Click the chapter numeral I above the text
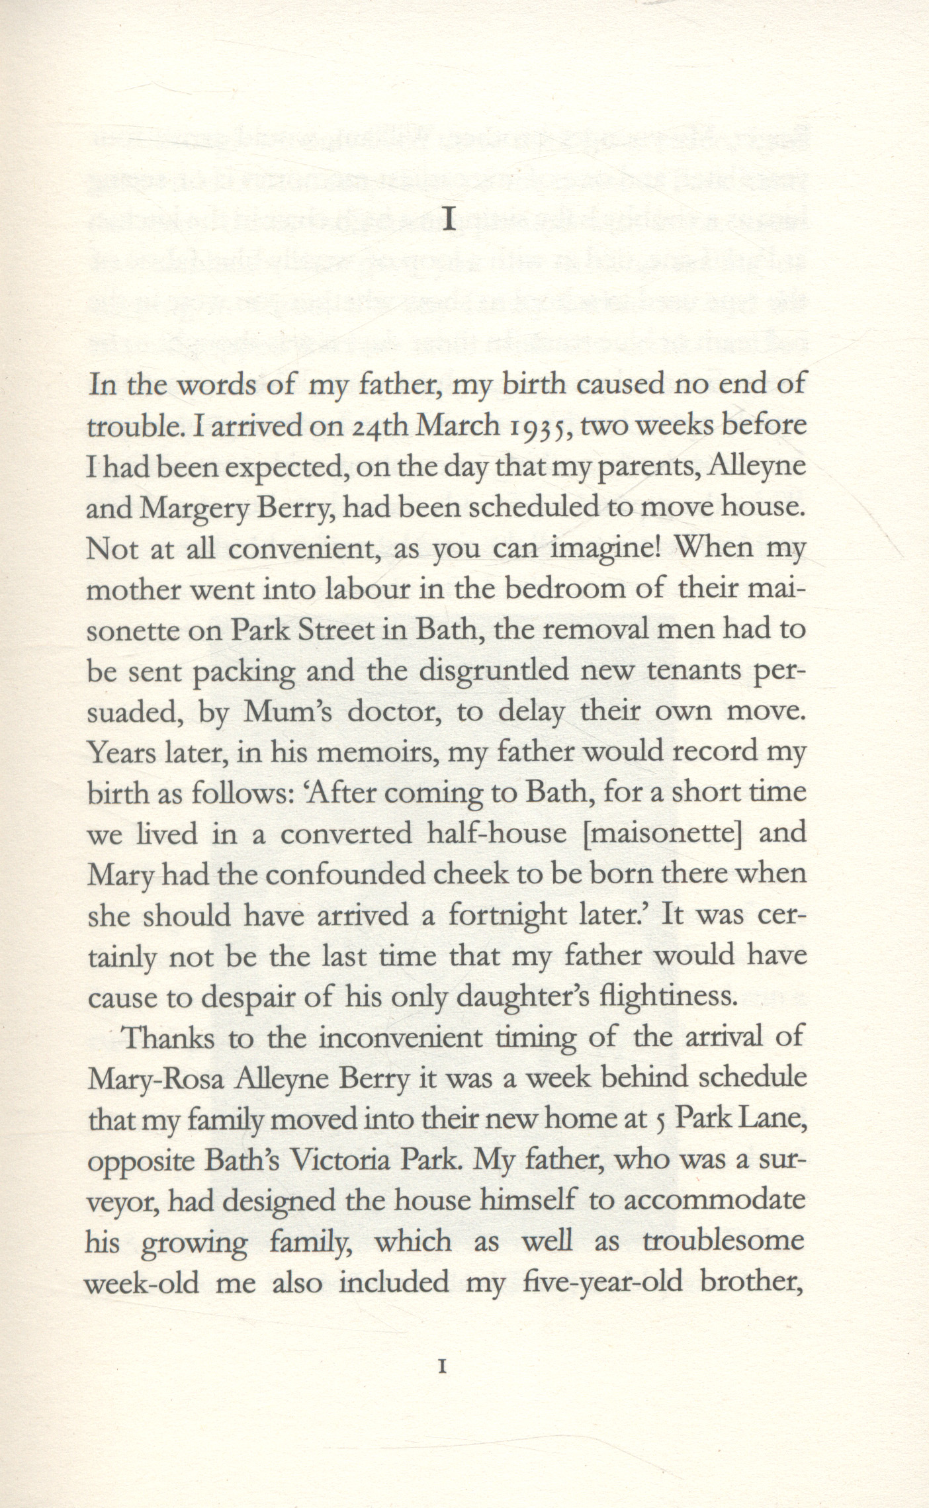449,219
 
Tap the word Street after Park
336,631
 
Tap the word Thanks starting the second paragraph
169,1038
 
